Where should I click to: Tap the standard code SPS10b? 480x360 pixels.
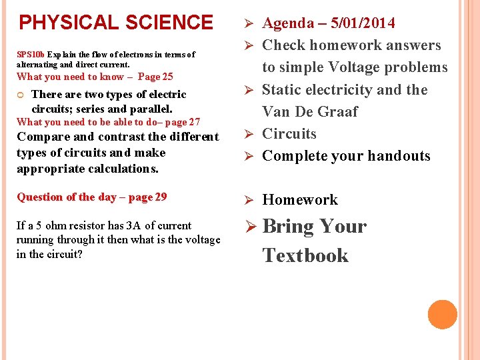(30, 55)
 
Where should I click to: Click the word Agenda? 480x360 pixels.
(288, 23)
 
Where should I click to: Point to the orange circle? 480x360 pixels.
(442, 315)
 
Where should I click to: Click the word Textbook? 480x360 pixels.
(305, 255)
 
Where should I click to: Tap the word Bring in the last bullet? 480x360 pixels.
(288, 227)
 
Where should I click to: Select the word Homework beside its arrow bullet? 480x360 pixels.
(300, 200)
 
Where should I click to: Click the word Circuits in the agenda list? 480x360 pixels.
(289, 134)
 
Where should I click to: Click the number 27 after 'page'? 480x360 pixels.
(193, 122)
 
